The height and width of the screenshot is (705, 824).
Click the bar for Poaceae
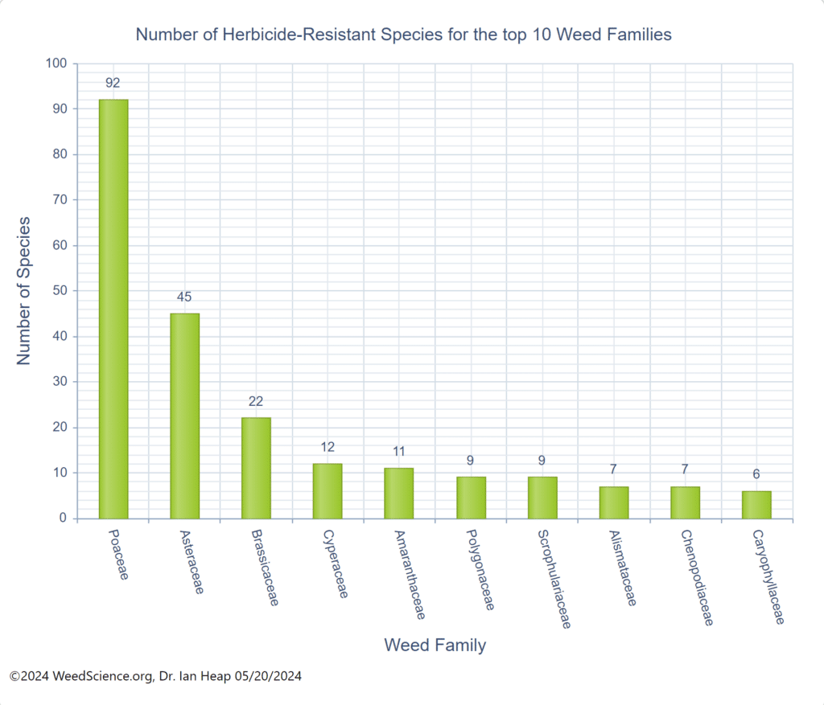pyautogui.click(x=113, y=309)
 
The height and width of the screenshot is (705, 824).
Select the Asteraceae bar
pyautogui.click(x=184, y=416)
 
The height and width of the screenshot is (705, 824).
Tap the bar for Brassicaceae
pyautogui.click(x=256, y=468)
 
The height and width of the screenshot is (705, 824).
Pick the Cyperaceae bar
pyautogui.click(x=328, y=490)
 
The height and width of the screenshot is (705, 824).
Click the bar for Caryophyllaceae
pyautogui.click(x=756, y=504)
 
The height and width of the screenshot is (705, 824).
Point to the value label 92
pyautogui.click(x=113, y=82)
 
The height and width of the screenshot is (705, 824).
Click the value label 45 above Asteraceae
pyautogui.click(x=184, y=297)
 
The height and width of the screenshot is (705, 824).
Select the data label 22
pyautogui.click(x=256, y=401)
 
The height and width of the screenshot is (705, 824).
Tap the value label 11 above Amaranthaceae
pyautogui.click(x=399, y=451)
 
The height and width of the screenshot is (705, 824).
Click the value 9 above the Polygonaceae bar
pyautogui.click(x=471, y=461)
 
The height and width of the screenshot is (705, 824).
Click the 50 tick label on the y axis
pyautogui.click(x=60, y=290)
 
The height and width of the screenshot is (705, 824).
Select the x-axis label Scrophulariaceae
pyautogui.click(x=554, y=578)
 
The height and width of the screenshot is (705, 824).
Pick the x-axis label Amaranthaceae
pyautogui.click(x=409, y=574)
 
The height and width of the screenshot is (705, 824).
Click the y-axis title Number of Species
pyautogui.click(x=24, y=290)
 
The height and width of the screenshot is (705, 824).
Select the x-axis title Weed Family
pyautogui.click(x=435, y=645)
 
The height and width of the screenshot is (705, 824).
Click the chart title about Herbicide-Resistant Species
pyautogui.click(x=403, y=35)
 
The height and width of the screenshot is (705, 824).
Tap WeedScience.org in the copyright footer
pyautogui.click(x=102, y=676)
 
